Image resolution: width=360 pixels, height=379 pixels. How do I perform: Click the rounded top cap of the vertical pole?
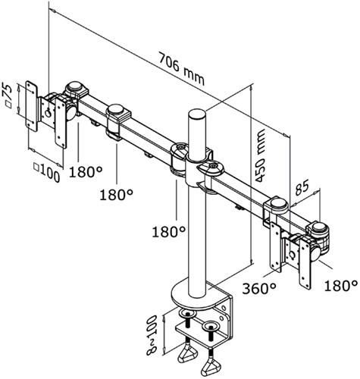click(196, 115)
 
